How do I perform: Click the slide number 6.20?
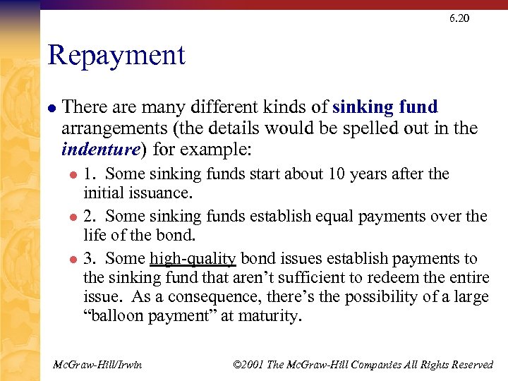[459, 18]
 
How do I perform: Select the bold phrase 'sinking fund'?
[385, 107]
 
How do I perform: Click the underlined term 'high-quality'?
[193, 259]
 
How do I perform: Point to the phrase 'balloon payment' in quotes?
[150, 317]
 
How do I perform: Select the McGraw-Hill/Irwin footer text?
[97, 365]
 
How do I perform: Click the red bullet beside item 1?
[71, 175]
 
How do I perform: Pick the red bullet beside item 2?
[71, 217]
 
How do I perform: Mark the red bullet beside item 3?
[71, 260]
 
